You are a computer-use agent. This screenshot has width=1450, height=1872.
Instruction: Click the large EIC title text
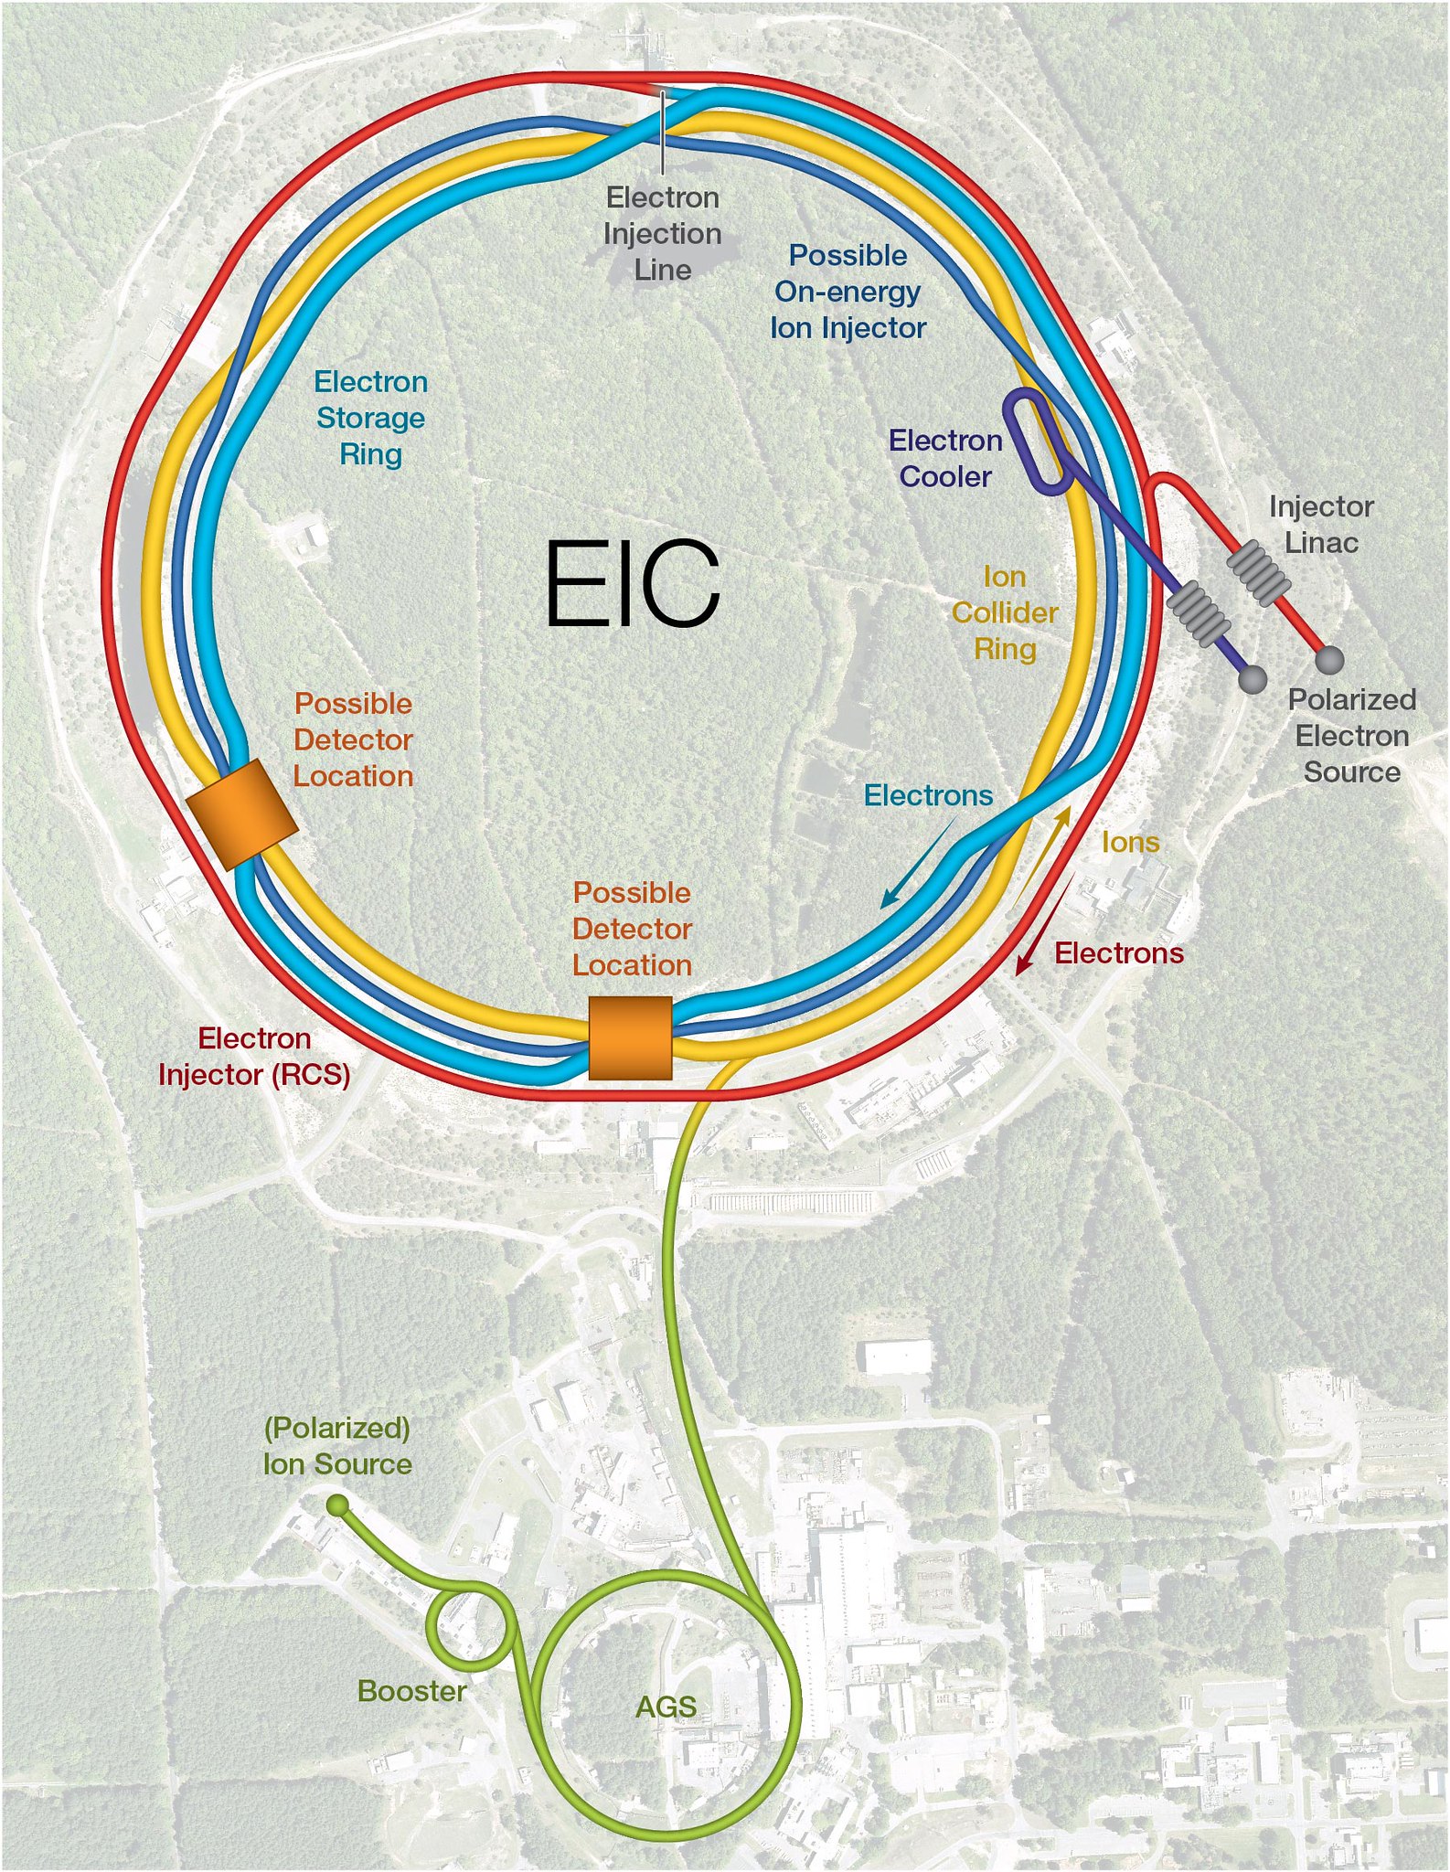633,584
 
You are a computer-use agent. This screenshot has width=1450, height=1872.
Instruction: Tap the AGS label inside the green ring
666,1707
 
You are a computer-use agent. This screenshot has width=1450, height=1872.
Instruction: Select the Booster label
411,1690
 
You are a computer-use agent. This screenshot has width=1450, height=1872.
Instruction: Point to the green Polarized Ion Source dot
337,1505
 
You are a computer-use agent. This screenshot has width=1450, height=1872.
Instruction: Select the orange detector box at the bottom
630,1037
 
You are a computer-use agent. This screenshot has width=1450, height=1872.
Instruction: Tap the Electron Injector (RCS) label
254,1056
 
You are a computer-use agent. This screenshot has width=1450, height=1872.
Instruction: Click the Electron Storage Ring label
370,417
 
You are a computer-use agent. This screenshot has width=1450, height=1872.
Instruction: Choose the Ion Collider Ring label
1005,612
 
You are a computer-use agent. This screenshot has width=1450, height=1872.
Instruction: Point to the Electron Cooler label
945,458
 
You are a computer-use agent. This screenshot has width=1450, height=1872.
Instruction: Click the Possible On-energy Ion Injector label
848,291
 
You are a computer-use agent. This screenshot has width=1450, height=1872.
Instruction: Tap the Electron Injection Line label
662,233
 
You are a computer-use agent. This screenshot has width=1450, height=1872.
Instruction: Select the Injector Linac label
1321,524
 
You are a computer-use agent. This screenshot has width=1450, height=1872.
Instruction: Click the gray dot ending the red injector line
1329,660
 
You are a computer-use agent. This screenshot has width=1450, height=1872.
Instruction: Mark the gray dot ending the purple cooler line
1252,678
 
